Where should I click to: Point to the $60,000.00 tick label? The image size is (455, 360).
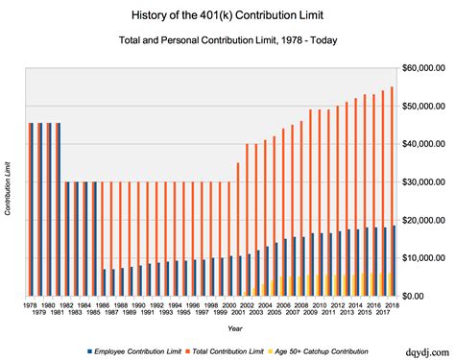pos(422,68)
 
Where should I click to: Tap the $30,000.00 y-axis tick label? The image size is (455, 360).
pos(422,182)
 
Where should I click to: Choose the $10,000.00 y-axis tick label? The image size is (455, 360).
pos(422,258)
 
